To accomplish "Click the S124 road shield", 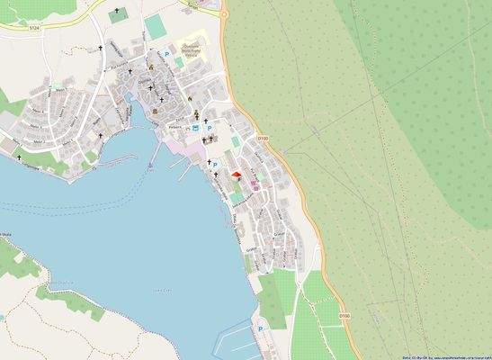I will [x=34, y=29].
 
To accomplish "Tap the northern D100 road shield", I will [x=262, y=138].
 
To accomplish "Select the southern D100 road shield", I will [x=344, y=316].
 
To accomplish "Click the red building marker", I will [x=237, y=175].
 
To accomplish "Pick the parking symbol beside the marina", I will [x=261, y=331].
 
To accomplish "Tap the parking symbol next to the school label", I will [x=167, y=56].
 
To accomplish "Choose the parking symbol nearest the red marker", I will [x=214, y=165].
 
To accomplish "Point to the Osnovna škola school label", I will [x=193, y=50].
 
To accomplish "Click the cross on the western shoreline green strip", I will [x=19, y=155].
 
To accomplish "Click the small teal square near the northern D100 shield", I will [x=236, y=141].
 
